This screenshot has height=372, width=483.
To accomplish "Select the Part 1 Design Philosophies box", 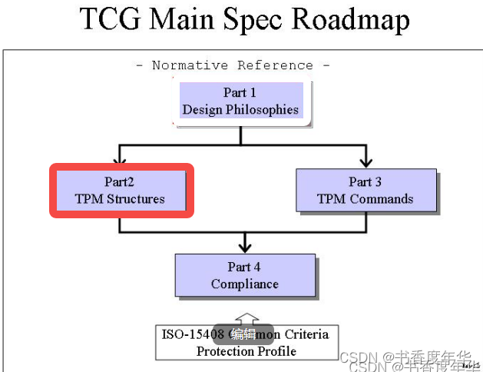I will tap(240, 101).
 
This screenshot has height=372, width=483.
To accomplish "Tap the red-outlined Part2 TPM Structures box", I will tap(121, 191).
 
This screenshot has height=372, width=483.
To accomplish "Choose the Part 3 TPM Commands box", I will tap(365, 191).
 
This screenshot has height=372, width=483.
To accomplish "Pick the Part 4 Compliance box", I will tap(244, 275).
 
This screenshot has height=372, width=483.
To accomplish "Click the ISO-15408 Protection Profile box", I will tap(245, 342).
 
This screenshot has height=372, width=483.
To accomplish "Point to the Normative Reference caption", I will tap(233, 65).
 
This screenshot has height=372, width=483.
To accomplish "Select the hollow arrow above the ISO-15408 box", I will tap(245, 317).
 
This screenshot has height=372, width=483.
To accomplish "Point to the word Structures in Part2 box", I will tap(135, 199).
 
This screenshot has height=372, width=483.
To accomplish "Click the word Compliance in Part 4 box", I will tap(244, 284).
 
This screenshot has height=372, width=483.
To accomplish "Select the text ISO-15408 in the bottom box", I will tap(192, 334).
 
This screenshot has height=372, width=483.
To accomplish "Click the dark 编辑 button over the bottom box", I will tap(243, 334).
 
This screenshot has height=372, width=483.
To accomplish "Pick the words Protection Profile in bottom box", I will tap(246, 351).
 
